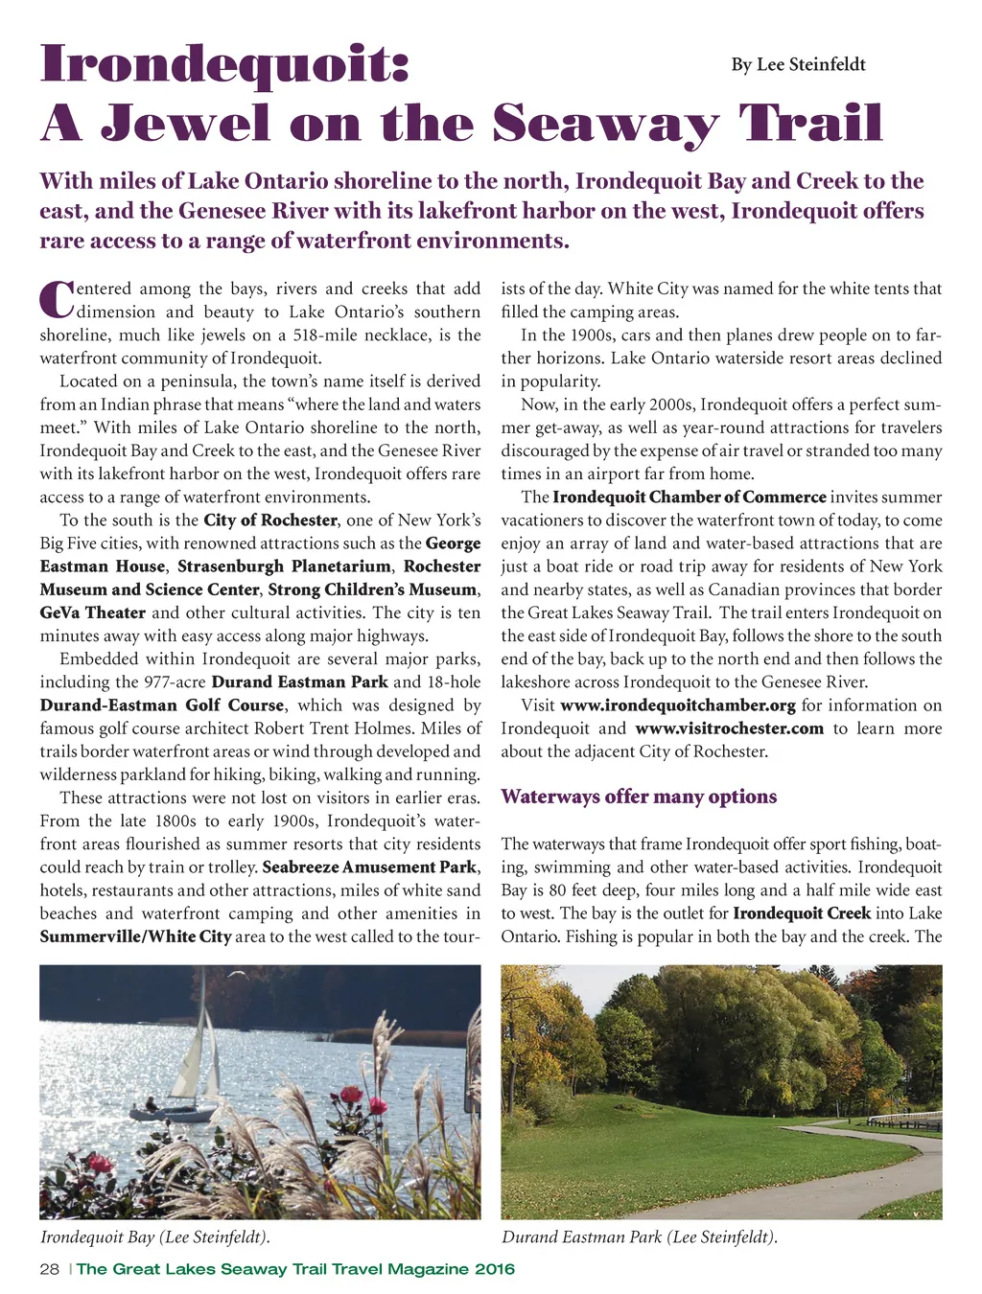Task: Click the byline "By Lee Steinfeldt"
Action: tap(798, 64)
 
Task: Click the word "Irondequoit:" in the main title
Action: tap(225, 64)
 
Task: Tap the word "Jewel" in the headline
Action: tap(186, 124)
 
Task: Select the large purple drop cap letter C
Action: tap(56, 299)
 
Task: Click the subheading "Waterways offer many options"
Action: tap(639, 797)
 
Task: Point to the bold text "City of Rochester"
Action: tap(270, 520)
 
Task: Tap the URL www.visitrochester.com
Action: tap(729, 728)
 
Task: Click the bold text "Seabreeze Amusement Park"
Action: tap(369, 867)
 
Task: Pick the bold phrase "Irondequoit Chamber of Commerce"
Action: tap(690, 497)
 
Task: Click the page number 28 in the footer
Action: tap(50, 1269)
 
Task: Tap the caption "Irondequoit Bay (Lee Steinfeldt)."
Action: tap(154, 1237)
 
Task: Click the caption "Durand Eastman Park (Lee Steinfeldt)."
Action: tap(639, 1237)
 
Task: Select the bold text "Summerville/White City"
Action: tap(135, 936)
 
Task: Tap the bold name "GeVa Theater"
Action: tap(93, 612)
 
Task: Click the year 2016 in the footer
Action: tap(494, 1269)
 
